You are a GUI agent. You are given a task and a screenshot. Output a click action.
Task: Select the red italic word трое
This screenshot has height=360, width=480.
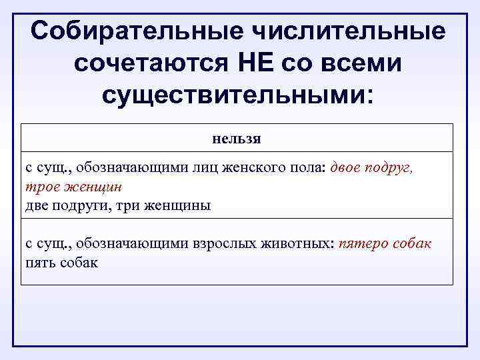point(41,187)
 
